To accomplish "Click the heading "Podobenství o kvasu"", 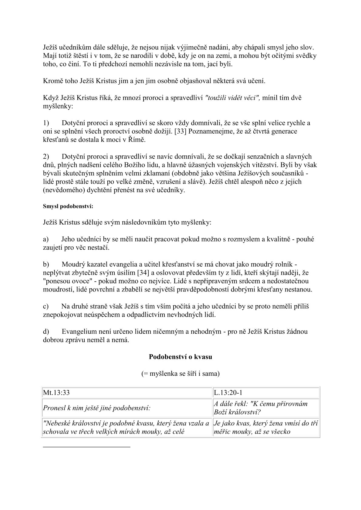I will tap(180, 357).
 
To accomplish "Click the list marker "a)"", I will tap(46, 239).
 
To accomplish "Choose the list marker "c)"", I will tap(46, 306).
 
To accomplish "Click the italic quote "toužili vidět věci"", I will tap(233, 98).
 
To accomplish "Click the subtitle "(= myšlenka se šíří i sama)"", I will tap(180, 374).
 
